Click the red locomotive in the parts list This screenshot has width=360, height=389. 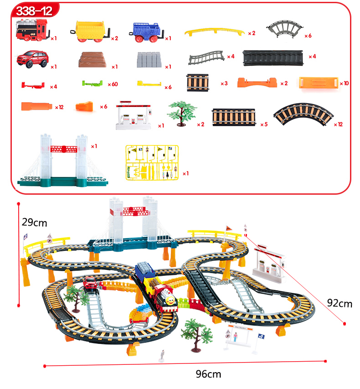32,30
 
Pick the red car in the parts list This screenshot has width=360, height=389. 31,59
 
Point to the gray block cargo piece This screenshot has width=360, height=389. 149,60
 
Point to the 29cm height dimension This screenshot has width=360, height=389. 35,223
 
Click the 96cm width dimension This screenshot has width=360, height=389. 208,374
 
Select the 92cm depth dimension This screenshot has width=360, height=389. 340,303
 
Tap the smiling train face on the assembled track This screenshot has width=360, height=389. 168,301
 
